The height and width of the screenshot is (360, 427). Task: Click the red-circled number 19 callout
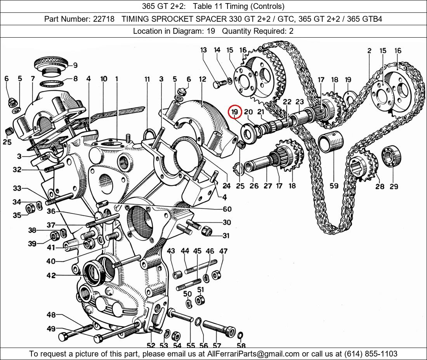[235, 112]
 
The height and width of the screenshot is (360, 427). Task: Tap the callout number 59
[334, 186]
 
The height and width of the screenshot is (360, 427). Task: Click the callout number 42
[51, 275]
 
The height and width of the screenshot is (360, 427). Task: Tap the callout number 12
[203, 80]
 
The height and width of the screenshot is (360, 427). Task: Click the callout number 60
[227, 209]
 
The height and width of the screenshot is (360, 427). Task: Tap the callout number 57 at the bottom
[216, 345]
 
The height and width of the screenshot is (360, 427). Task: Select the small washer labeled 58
[240, 335]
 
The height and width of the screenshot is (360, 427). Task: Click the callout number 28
[380, 187]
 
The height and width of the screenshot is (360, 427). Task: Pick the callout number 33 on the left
[17, 189]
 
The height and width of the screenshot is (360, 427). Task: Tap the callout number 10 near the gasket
[104, 79]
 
